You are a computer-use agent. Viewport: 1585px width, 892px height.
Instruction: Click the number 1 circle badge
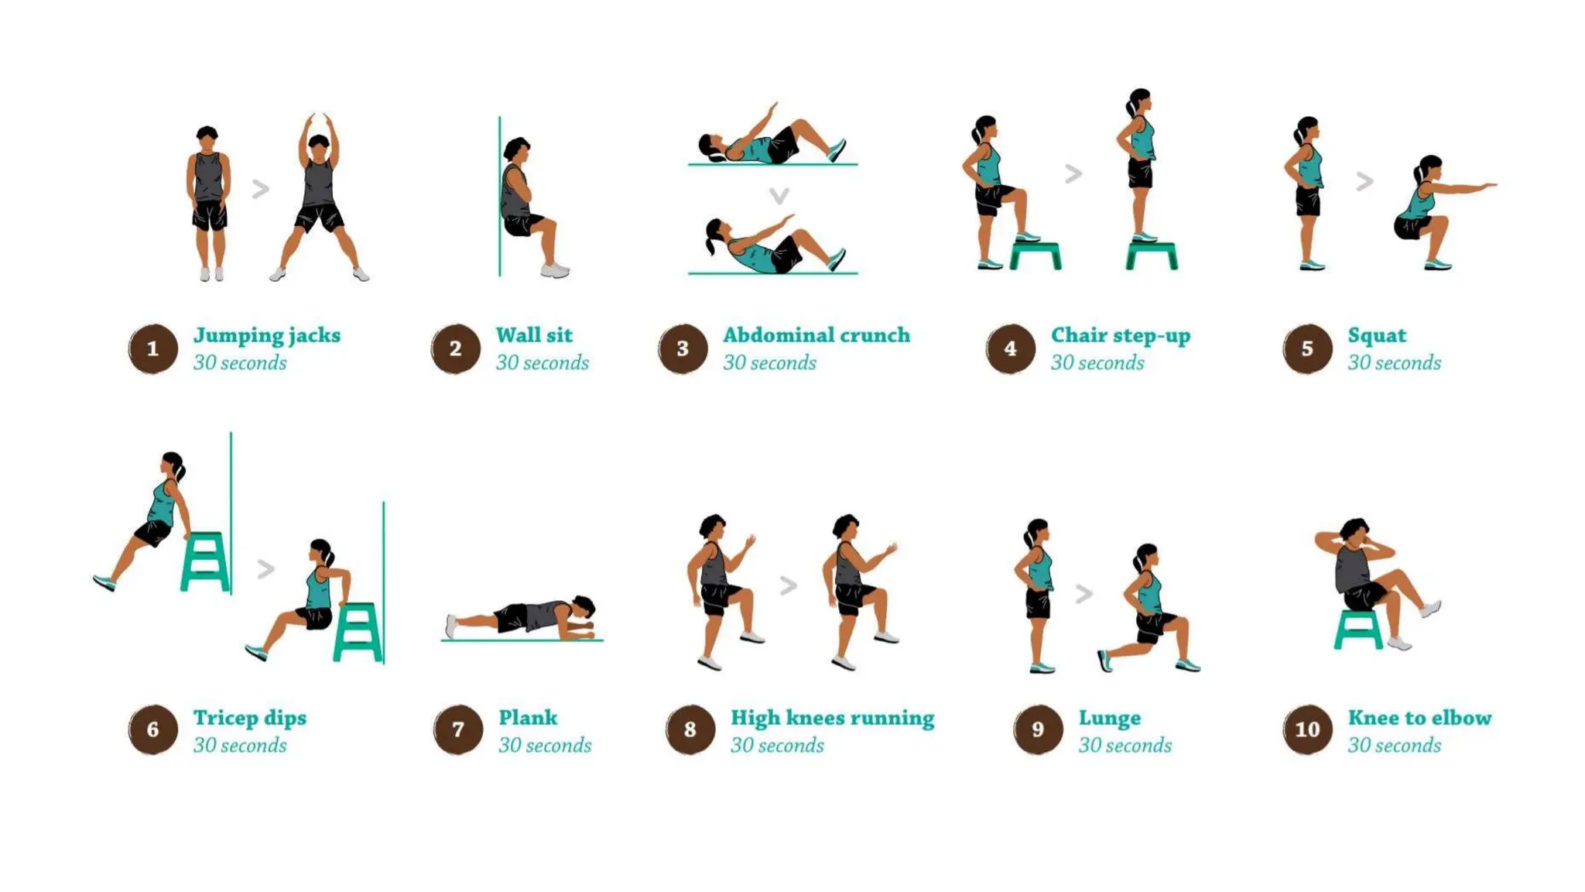pos(152,348)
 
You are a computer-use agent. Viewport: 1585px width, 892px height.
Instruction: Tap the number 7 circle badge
pos(457,729)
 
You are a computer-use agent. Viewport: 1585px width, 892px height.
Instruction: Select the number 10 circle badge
pos(1307,729)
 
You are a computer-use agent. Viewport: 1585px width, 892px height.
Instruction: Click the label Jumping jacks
pos(266,335)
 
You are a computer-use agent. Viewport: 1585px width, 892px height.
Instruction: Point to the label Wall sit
pos(534,335)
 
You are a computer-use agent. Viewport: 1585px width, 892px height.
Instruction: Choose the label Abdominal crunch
pos(816,335)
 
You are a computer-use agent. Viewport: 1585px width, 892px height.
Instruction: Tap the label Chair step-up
pos(1120,335)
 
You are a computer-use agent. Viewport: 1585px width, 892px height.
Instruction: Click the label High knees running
pos(832,718)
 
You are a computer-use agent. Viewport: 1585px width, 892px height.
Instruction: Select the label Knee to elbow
pos(1419,718)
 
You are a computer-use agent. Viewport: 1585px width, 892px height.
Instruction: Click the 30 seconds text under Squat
pos(1394,363)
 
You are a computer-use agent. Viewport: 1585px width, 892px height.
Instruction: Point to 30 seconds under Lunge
pos(1125,746)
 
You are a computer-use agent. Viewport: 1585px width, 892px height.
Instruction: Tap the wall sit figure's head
pos(516,150)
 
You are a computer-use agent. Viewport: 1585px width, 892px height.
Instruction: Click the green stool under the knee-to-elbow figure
pos(1357,628)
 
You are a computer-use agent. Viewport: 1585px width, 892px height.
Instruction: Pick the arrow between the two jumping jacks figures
pos(261,188)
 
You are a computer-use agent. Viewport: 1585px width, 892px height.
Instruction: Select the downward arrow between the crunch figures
pos(779,195)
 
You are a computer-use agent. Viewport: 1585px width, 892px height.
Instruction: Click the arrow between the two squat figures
pos(1364,182)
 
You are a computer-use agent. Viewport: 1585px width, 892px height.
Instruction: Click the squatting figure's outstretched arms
pos(1467,187)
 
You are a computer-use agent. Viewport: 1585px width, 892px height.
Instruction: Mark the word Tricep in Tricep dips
pos(225,718)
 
